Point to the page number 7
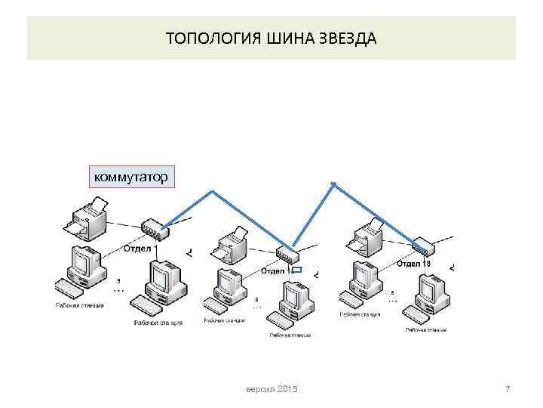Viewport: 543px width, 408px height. (x=508, y=388)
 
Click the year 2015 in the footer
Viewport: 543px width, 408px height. (x=287, y=388)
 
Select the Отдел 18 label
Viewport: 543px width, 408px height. (x=413, y=264)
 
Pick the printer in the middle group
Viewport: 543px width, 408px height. (x=229, y=243)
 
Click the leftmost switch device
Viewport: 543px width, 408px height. (x=155, y=227)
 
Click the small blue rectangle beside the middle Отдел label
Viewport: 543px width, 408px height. (x=296, y=270)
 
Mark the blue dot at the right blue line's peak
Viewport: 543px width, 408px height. (x=333, y=183)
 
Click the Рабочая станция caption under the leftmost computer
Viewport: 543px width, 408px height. (x=79, y=305)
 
